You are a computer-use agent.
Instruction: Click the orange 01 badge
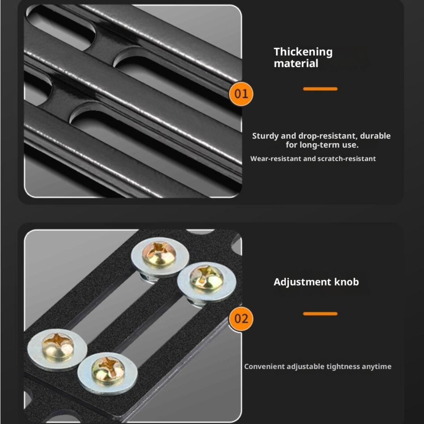241,94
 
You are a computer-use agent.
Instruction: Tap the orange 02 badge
241,319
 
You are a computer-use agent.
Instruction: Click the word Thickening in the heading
303,52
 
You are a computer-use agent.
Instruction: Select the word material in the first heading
296,64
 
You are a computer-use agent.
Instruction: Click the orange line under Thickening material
320,89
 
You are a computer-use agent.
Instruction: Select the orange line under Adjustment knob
320,314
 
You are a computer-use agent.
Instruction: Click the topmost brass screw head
159,254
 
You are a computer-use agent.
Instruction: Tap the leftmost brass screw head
58,346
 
